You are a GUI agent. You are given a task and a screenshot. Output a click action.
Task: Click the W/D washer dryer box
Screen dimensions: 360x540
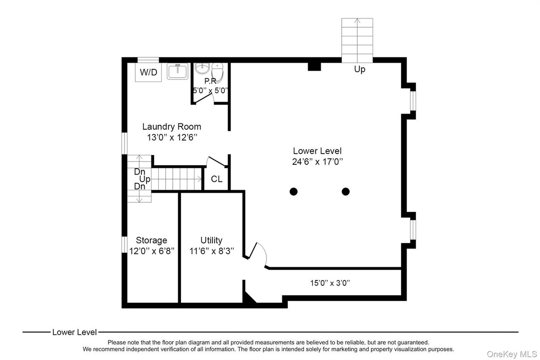(149, 72)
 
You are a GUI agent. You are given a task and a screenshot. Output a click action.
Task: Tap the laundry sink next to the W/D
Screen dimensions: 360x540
(178, 71)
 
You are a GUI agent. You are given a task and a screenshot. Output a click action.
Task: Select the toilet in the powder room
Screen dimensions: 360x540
(217, 72)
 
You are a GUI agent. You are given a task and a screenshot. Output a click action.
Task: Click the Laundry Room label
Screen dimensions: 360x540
(171, 127)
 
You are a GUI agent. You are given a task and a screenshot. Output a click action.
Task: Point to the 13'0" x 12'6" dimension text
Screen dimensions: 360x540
(172, 137)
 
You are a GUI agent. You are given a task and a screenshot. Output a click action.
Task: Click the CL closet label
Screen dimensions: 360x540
(217, 179)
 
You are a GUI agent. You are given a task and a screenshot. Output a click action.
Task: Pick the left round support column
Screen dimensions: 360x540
(293, 192)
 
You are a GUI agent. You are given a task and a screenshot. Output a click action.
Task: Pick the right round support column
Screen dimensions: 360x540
(345, 192)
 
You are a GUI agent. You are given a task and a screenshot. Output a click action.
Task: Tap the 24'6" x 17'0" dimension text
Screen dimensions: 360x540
(317, 162)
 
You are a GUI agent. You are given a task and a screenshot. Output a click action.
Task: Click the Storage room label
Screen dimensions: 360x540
(151, 240)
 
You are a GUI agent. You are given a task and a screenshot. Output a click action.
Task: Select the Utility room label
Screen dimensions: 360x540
(211, 240)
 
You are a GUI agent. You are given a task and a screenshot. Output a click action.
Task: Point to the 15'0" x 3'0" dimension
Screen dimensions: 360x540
(330, 283)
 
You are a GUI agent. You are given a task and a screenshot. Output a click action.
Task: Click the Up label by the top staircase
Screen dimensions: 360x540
(360, 69)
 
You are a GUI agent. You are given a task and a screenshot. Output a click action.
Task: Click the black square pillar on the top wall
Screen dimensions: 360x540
(314, 66)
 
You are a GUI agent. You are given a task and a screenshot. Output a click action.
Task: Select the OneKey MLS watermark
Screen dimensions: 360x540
(512, 354)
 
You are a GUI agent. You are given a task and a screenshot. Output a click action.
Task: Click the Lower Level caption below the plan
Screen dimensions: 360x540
(74, 332)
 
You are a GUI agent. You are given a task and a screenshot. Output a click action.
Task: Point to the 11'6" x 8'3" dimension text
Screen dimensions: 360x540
(211, 251)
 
